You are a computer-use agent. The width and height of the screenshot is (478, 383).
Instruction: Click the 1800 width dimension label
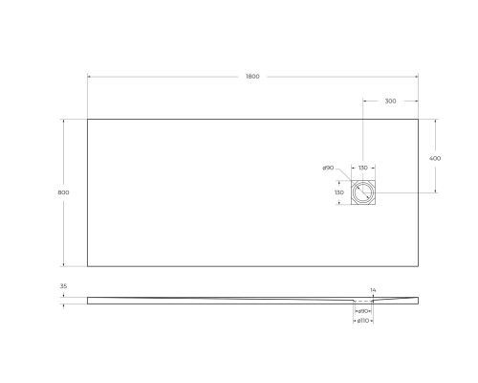pos(252,77)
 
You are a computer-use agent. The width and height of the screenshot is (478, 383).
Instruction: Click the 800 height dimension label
pos(63,192)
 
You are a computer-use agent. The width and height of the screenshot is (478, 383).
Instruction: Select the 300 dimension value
pos(390,101)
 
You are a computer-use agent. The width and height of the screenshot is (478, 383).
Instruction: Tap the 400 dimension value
pos(435,157)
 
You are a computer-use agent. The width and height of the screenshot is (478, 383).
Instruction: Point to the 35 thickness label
pos(63,286)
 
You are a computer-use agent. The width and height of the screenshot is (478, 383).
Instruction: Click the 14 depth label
pos(374,288)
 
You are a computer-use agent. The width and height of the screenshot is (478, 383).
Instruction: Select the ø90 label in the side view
pos(363,310)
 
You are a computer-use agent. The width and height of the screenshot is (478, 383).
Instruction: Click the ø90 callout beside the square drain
pos(329,168)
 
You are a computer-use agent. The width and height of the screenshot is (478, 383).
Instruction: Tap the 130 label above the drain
pos(363,168)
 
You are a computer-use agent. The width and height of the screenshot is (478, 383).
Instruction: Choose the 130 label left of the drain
pos(338,192)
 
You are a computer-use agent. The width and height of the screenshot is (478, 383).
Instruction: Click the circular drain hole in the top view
pos(363,192)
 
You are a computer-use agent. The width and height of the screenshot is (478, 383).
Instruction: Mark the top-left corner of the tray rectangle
pos(88,118)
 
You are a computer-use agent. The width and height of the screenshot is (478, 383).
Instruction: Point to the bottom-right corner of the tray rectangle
pos(418,267)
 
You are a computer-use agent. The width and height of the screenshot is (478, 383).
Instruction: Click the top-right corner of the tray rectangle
pos(418,118)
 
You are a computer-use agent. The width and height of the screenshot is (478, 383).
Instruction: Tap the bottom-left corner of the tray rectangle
pos(88,267)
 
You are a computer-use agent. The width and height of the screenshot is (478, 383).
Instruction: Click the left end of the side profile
pos(89,300)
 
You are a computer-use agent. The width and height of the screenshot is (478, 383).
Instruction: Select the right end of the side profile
pos(417,300)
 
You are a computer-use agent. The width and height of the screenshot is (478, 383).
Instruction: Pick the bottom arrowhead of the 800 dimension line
pos(64,266)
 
